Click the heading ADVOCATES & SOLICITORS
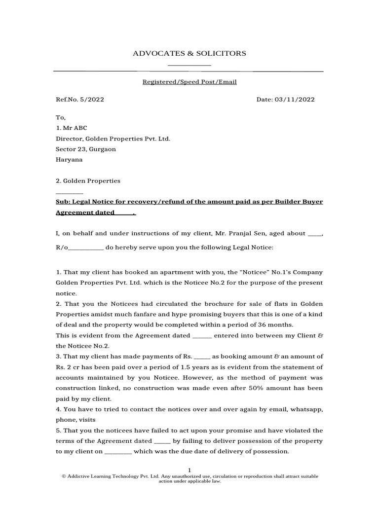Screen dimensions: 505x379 pyautogui.click(x=189, y=53)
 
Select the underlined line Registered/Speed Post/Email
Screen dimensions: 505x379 pyautogui.click(x=189, y=82)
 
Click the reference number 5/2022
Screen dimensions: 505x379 pyautogui.click(x=92, y=100)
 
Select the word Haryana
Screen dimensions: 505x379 pyautogui.click(x=69, y=160)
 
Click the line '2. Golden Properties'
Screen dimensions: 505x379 pyautogui.click(x=88, y=181)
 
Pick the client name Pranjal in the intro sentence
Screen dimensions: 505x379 pyautogui.click(x=255, y=234)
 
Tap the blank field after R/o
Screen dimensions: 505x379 pyautogui.click(x=85, y=247)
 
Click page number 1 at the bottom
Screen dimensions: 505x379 pyautogui.click(x=189, y=470)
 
